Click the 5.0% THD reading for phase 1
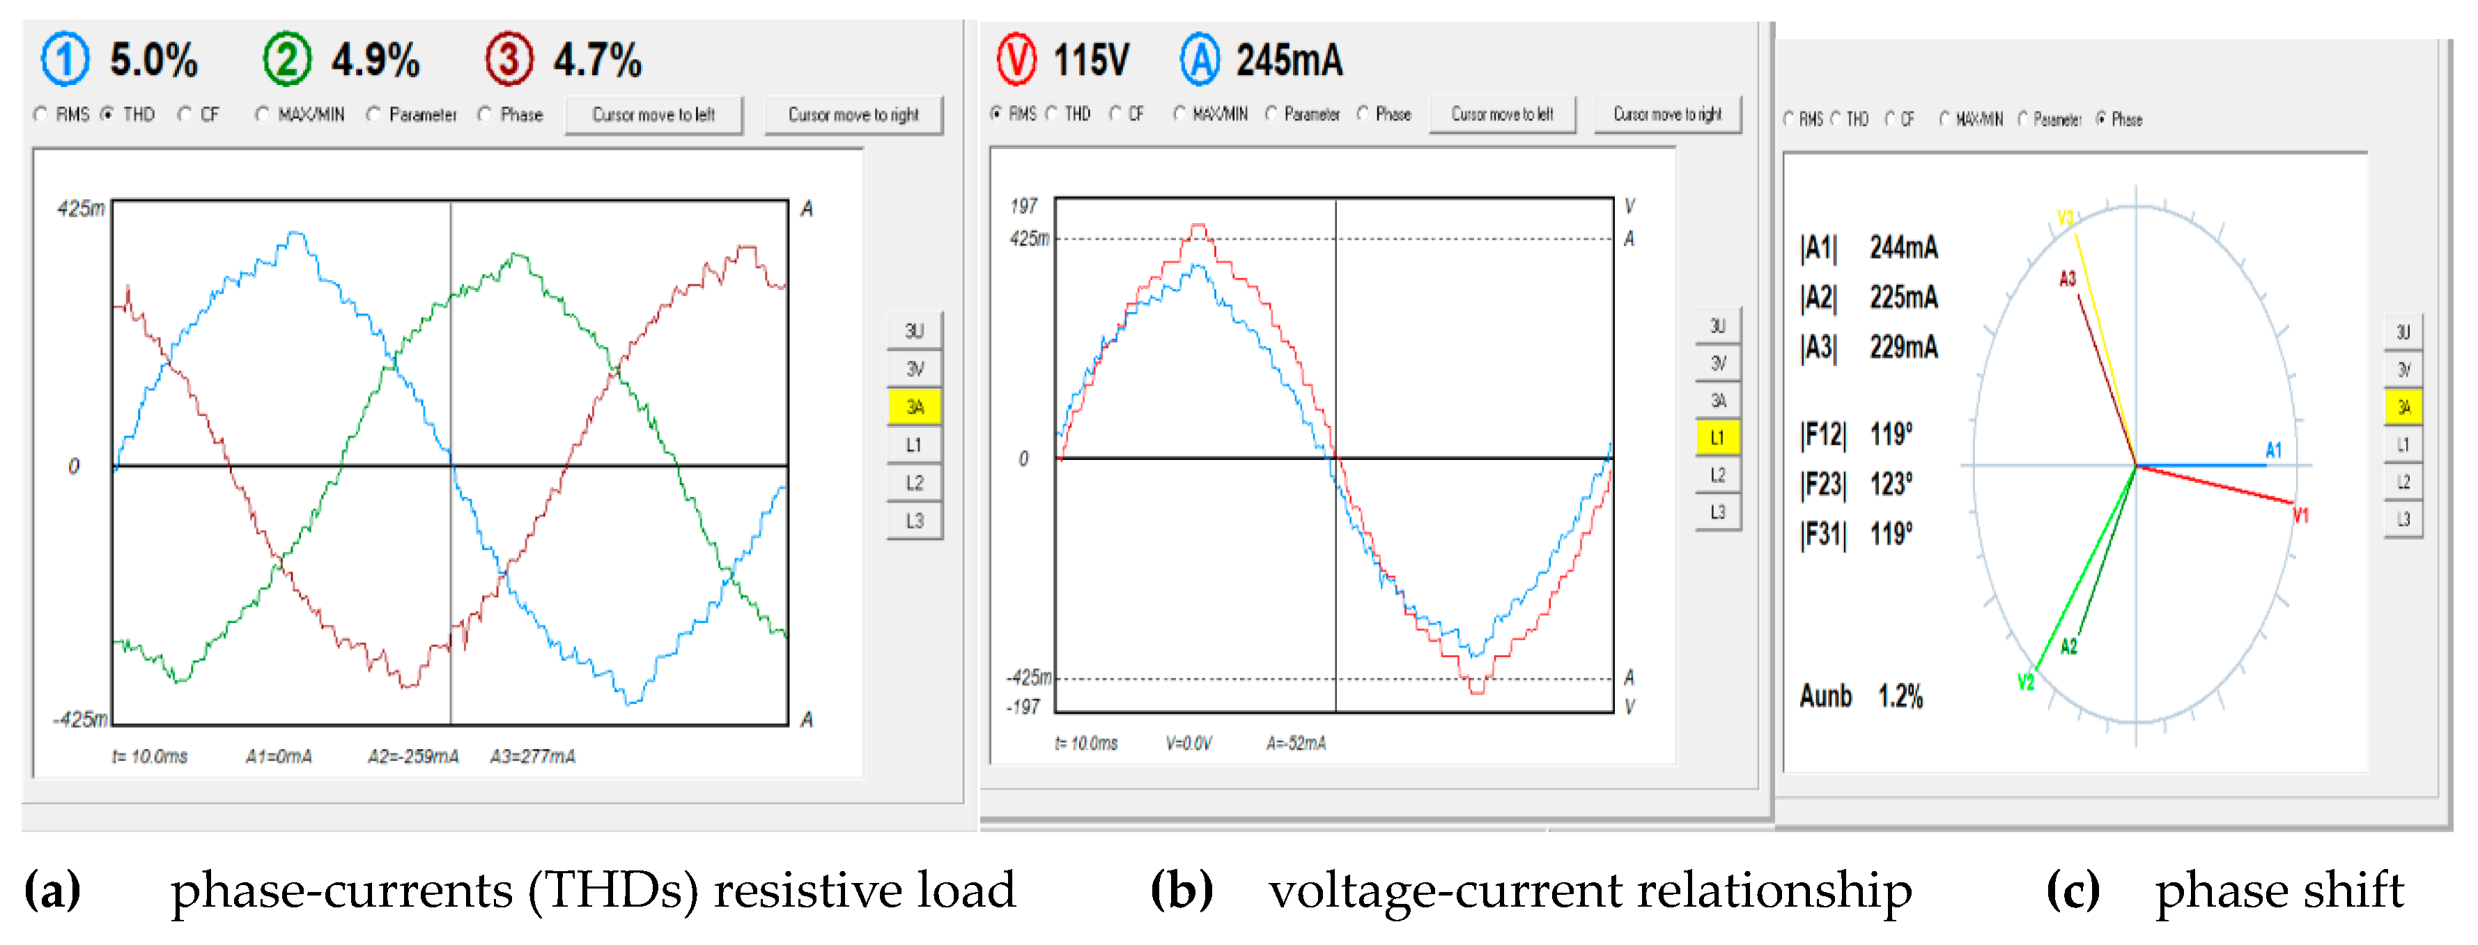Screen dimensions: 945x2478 pyautogui.click(x=153, y=60)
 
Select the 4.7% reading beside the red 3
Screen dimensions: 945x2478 pyautogui.click(x=596, y=60)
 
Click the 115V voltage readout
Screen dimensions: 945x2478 pyautogui.click(x=1091, y=60)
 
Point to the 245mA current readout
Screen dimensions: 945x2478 pyautogui.click(x=1289, y=60)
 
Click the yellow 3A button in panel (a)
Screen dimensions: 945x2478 pyautogui.click(x=914, y=407)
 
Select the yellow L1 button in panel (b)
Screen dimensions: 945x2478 pyautogui.click(x=1717, y=438)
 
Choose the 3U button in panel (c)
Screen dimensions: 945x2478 pyautogui.click(x=2402, y=332)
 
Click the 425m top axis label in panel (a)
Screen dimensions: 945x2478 pyautogui.click(x=81, y=208)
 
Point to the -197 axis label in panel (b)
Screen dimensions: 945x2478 pyautogui.click(x=1023, y=707)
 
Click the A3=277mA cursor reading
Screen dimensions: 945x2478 pyautogui.click(x=532, y=756)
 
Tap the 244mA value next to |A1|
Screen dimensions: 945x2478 pyautogui.click(x=1903, y=247)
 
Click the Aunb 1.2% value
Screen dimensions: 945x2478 pyautogui.click(x=1900, y=696)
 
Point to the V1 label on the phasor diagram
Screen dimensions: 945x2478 pyautogui.click(x=2300, y=515)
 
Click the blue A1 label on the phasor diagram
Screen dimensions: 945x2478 pyautogui.click(x=2273, y=450)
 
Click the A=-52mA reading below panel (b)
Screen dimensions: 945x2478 pyautogui.click(x=1295, y=743)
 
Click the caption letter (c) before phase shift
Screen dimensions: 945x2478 pyautogui.click(x=2073, y=890)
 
